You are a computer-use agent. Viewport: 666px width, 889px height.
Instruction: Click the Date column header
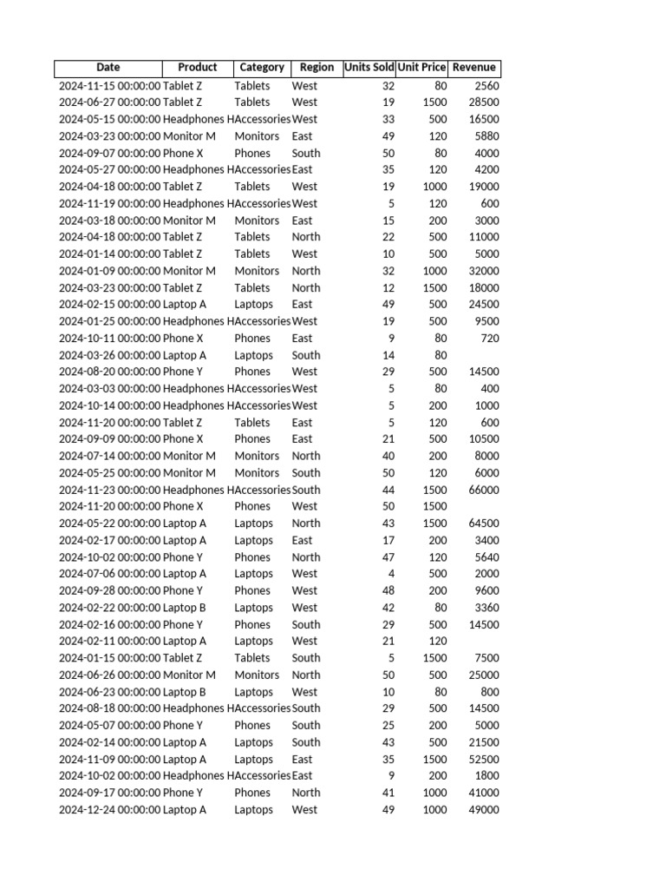click(108, 68)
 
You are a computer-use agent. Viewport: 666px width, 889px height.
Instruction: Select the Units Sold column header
click(369, 68)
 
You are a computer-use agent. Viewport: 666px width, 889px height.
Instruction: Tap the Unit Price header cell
click(421, 68)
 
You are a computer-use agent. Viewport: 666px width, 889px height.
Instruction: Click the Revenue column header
click(474, 68)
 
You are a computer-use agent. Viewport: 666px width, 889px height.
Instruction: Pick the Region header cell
click(317, 68)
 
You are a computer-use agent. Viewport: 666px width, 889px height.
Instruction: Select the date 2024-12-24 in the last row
click(109, 810)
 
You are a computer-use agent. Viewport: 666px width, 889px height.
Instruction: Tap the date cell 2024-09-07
click(109, 153)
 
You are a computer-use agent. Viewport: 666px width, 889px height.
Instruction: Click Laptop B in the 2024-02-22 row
click(185, 608)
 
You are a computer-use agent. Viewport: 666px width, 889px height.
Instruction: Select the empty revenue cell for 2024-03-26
click(474, 355)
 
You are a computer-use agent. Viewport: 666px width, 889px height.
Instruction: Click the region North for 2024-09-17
click(306, 793)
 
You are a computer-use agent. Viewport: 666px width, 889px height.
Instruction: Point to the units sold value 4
click(391, 574)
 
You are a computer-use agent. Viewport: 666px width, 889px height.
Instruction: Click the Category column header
click(262, 68)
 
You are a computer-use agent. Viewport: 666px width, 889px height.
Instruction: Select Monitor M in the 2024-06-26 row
click(189, 675)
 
